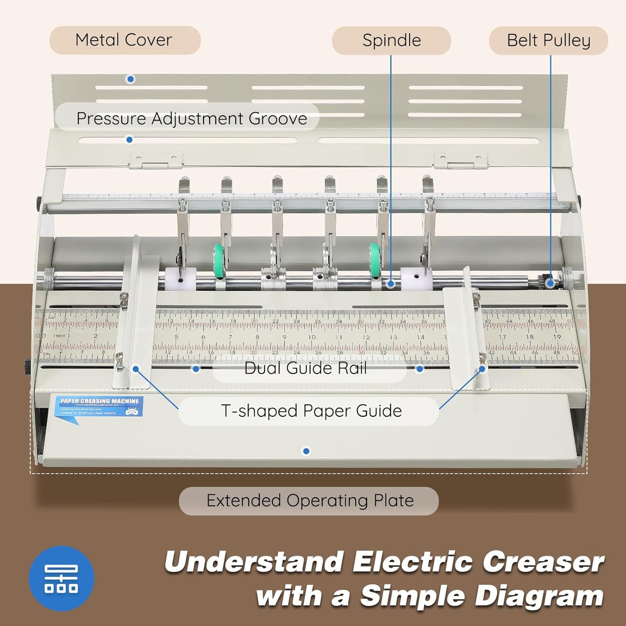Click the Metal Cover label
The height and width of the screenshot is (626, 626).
tap(124, 40)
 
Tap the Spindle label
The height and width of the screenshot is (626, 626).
tap(392, 41)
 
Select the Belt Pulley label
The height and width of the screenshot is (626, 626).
tap(548, 41)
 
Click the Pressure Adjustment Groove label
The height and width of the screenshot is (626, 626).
tap(191, 118)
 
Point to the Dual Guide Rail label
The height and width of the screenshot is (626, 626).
tap(305, 368)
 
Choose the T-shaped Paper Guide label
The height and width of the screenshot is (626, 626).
tap(311, 411)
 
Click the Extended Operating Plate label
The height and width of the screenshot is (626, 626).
tap(309, 501)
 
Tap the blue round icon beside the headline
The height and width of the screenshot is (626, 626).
tap(62, 578)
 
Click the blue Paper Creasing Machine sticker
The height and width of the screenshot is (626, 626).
tap(99, 407)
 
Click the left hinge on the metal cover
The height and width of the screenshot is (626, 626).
tap(156, 161)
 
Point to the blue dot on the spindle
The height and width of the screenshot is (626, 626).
tap(391, 284)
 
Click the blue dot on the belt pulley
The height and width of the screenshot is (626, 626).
tap(550, 283)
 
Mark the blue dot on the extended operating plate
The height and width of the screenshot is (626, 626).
tap(306, 451)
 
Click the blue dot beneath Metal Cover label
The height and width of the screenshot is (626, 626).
tap(130, 79)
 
